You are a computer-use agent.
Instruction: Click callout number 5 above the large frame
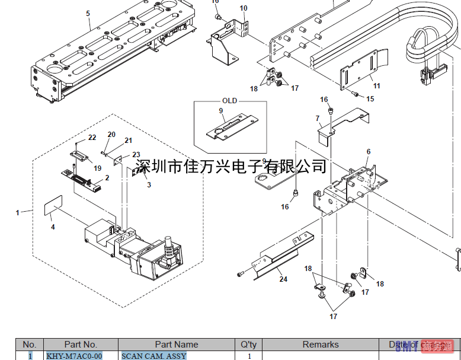click(x=88, y=13)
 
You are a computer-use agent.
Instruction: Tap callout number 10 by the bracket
click(x=244, y=8)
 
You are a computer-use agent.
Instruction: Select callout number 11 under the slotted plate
click(x=376, y=86)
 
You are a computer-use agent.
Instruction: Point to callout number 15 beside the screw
click(x=370, y=99)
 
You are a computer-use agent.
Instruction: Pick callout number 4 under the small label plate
click(x=52, y=227)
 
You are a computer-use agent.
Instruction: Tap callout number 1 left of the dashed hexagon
click(x=18, y=212)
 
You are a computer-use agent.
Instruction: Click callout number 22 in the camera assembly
click(x=92, y=138)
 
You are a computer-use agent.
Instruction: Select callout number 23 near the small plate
click(x=136, y=155)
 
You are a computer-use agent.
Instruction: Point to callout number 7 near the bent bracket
click(x=317, y=119)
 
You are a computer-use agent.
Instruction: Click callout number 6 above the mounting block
click(x=368, y=152)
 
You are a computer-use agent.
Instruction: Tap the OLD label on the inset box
click(x=229, y=101)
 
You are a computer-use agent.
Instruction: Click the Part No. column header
click(x=81, y=345)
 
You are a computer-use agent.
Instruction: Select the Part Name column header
click(x=177, y=345)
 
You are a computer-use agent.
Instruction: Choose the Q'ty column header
click(x=249, y=345)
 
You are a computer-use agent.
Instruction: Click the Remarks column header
click(x=321, y=345)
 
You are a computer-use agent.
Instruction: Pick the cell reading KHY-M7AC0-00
click(x=70, y=356)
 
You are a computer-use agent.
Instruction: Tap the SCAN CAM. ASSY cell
click(x=153, y=356)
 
